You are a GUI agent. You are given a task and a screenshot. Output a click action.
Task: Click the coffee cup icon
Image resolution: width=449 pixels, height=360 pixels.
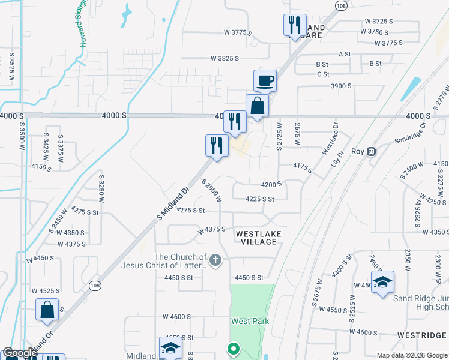coord(265,80)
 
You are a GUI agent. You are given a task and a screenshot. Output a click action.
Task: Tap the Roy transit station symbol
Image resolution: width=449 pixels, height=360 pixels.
coord(372,152)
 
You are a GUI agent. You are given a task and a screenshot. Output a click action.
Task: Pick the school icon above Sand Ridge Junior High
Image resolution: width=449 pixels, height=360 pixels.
coord(382,283)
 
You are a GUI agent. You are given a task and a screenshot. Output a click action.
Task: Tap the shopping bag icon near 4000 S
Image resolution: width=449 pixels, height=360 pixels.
coord(257,106)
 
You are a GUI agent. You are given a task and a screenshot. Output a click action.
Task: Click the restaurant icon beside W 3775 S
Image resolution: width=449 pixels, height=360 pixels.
coord(294,25)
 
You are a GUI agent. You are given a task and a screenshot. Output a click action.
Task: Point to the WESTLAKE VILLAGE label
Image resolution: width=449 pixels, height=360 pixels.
coord(257,238)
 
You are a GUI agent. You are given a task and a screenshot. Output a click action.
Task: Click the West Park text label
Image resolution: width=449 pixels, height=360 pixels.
coord(250,321)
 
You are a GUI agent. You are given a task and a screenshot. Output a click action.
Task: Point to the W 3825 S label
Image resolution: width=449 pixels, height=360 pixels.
coord(224,58)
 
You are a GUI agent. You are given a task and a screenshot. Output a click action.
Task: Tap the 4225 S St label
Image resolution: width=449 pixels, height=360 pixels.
coord(260,199)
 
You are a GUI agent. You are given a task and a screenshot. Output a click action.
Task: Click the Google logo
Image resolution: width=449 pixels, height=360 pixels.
coord(20,353)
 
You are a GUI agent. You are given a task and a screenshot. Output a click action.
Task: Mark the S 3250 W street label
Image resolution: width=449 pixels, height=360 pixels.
coord(101,187)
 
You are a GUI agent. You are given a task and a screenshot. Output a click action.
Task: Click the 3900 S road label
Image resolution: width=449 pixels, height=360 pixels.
coord(340,86)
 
